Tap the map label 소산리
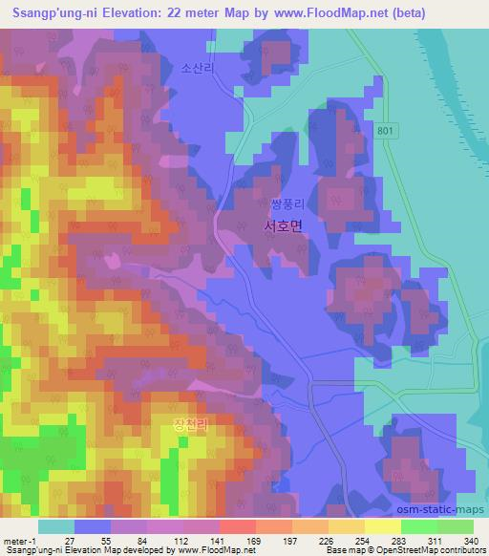click(x=193, y=69)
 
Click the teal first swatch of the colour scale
click(x=55, y=526)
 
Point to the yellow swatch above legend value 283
click(x=383, y=526)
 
